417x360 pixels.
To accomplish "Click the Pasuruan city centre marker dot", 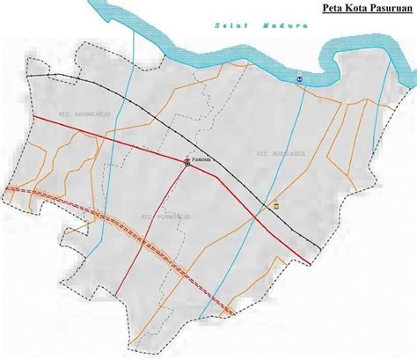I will [x=187, y=162].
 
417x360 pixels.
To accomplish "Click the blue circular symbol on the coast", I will [x=299, y=78].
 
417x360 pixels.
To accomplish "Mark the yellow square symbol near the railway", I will [x=277, y=204].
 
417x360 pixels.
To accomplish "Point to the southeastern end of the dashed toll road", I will [x=233, y=312].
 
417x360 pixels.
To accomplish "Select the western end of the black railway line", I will [x=26, y=77].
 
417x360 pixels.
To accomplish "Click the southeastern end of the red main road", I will [x=311, y=262].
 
